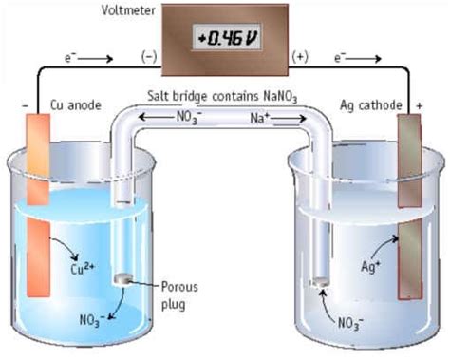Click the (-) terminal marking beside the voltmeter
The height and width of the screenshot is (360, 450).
pyautogui.click(x=149, y=57)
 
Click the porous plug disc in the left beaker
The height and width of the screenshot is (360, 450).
pyautogui.click(x=124, y=279)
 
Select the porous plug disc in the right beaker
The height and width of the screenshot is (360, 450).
pyautogui.click(x=320, y=281)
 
